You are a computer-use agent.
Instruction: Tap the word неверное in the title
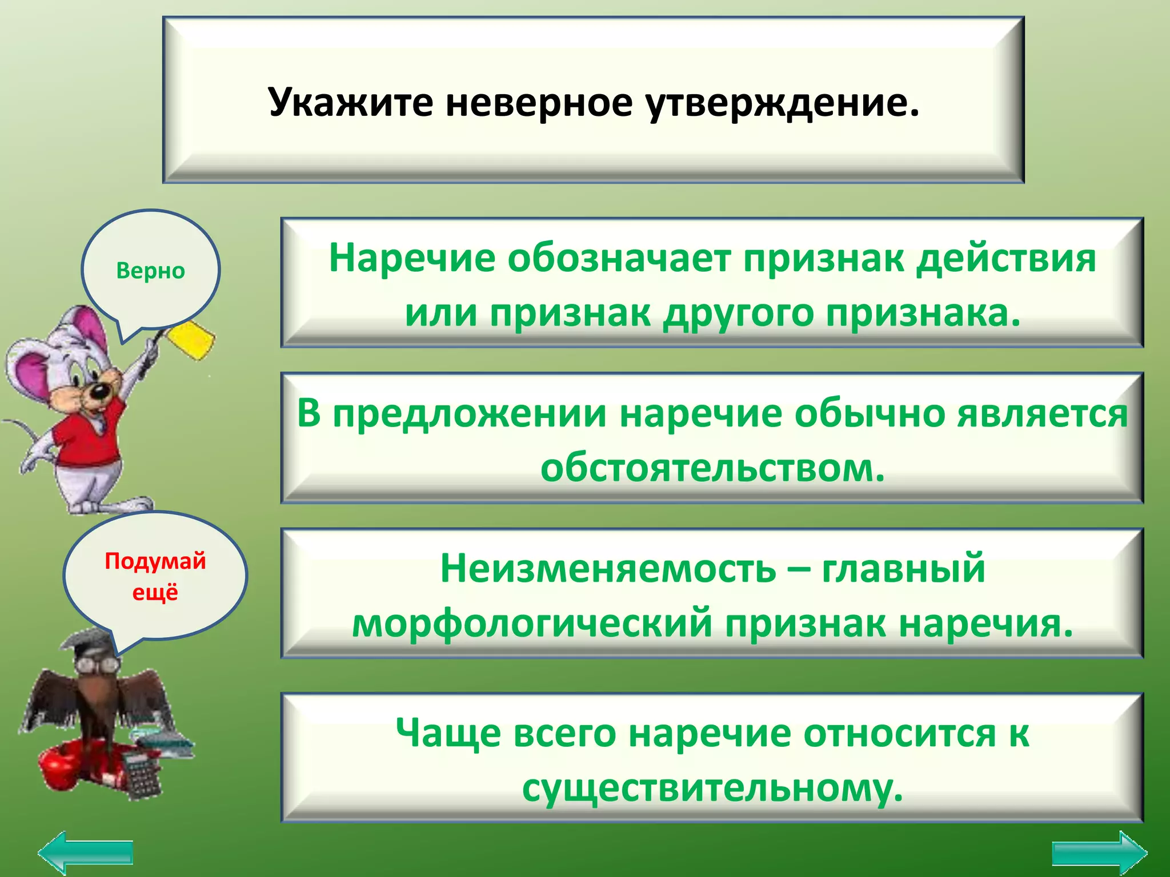pyautogui.click(x=539, y=103)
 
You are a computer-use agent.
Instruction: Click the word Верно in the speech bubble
pyautogui.click(x=150, y=271)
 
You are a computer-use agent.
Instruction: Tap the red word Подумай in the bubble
pyautogui.click(x=155, y=561)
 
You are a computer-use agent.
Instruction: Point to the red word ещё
pyautogui.click(x=155, y=592)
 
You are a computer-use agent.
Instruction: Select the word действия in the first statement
pyautogui.click(x=1006, y=258)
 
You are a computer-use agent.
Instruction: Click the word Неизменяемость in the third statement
pyautogui.click(x=608, y=569)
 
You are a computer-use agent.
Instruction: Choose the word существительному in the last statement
pyautogui.click(x=712, y=788)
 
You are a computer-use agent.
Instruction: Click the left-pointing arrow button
pyautogui.click(x=86, y=852)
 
